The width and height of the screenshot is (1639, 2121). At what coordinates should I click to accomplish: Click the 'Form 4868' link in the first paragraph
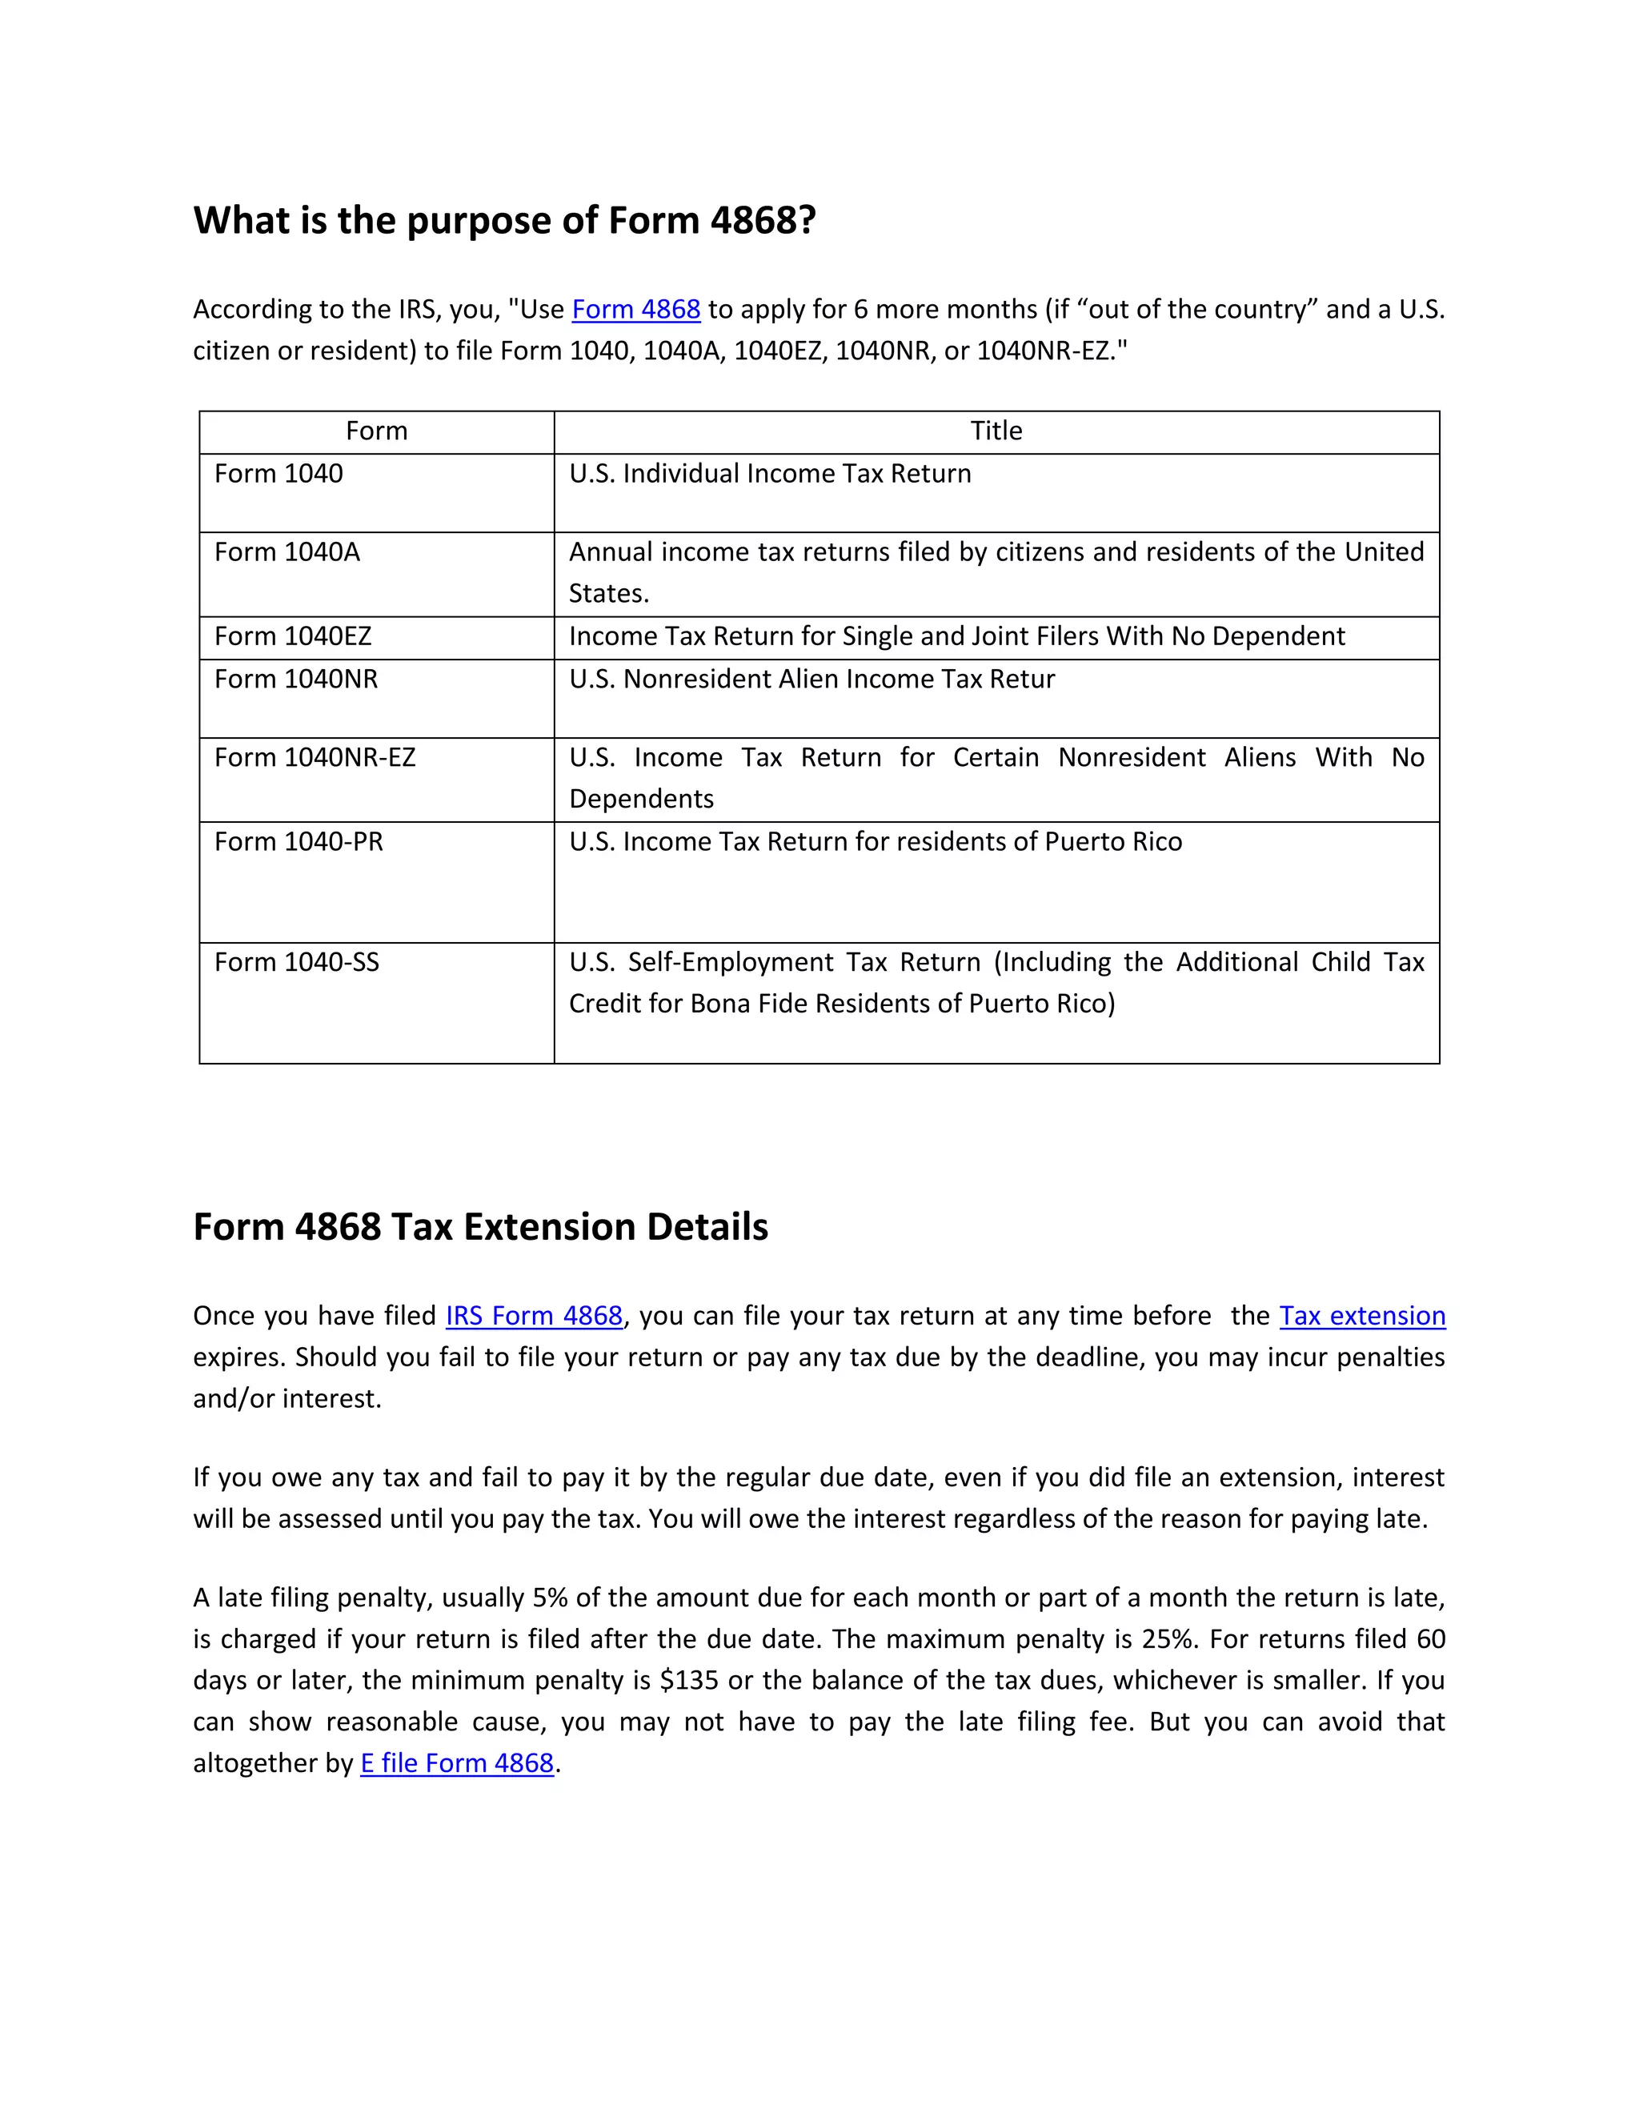pos(636,309)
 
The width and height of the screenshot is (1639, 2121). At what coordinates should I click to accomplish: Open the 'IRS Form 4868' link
pos(533,1315)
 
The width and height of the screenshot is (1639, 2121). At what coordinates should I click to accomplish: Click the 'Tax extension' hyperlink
pos(1361,1315)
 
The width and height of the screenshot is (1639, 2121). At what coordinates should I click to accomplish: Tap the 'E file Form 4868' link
pos(456,1762)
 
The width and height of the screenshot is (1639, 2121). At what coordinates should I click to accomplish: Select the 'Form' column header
pos(377,431)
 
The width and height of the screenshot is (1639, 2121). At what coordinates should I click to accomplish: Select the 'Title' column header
pos(996,431)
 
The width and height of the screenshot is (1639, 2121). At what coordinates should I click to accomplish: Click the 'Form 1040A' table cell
pos(287,551)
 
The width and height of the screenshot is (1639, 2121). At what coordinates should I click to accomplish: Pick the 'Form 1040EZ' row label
pos(293,636)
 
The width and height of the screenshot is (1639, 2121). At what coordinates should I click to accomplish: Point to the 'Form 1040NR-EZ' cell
pos(315,757)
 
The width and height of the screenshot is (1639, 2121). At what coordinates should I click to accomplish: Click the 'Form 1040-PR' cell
pos(299,842)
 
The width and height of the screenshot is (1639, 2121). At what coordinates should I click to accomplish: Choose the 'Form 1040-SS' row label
pos(297,962)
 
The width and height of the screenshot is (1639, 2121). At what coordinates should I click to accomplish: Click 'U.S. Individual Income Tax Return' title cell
pos(770,474)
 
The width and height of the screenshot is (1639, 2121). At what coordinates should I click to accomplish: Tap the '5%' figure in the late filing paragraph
pos(550,1598)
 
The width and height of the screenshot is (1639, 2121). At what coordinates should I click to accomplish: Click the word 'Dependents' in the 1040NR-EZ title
pos(641,800)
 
